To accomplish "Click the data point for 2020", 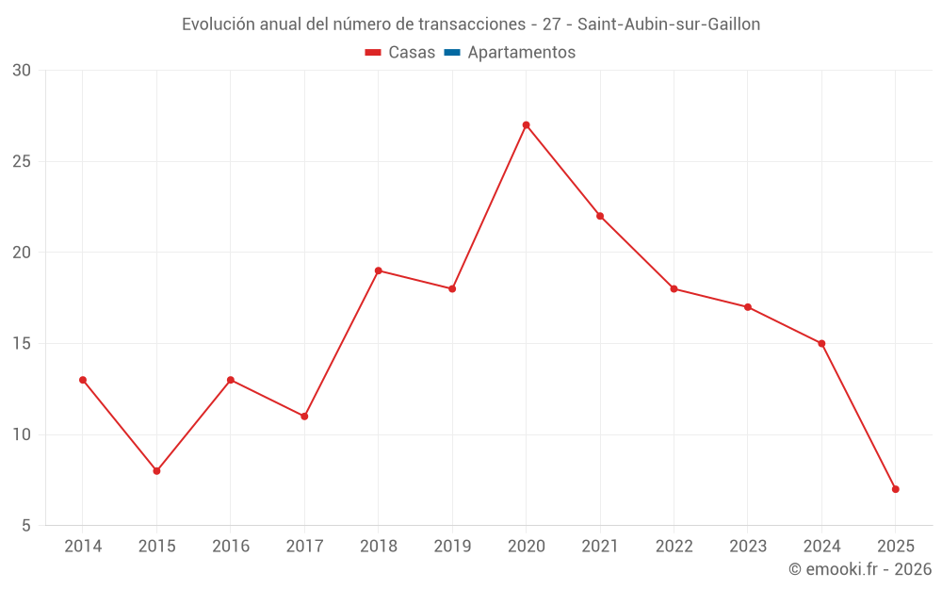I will [526, 124].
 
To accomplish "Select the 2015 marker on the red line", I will [156, 471].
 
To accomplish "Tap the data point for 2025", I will [896, 489].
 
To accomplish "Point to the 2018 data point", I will [378, 270].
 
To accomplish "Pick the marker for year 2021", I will [600, 216].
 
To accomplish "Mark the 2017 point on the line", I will [304, 417].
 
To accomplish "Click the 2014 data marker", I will [83, 380].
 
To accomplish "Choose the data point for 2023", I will [748, 307].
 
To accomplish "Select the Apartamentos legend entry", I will [521, 53].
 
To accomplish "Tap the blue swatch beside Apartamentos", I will [452, 53].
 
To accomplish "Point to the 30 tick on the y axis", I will [22, 71].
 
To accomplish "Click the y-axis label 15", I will [22, 344].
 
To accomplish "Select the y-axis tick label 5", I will [26, 526].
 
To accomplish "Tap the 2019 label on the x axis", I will [452, 547].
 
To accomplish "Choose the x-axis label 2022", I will [674, 547].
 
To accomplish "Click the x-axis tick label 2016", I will [231, 547].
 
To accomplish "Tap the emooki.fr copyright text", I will [860, 569].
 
